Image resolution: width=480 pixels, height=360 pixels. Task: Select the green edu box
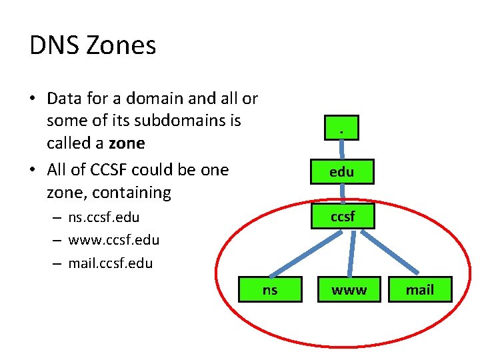(342, 171)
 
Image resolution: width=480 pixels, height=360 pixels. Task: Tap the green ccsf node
(342, 216)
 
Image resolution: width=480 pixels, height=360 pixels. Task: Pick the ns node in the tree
(270, 289)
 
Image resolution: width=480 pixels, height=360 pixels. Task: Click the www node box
(349, 289)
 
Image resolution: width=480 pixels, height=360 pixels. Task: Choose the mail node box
(420, 289)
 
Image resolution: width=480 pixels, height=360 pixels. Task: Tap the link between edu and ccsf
(343, 193)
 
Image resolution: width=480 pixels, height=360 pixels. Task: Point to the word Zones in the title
(121, 45)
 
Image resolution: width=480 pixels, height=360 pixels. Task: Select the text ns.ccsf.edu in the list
(104, 217)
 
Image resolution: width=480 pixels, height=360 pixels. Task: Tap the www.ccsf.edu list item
(113, 240)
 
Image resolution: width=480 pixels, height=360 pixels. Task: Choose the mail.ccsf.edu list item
(111, 263)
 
